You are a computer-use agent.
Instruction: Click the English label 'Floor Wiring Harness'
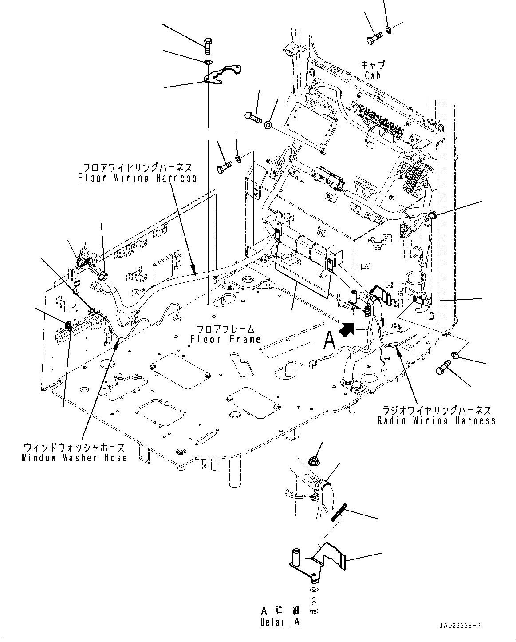(x=137, y=178)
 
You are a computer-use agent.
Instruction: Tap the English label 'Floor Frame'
(x=225, y=339)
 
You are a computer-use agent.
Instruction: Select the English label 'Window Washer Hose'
(x=74, y=458)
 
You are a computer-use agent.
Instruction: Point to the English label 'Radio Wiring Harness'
(x=436, y=420)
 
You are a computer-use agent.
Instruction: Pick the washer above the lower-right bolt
(x=455, y=354)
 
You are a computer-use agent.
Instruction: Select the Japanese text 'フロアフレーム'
(x=225, y=329)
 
